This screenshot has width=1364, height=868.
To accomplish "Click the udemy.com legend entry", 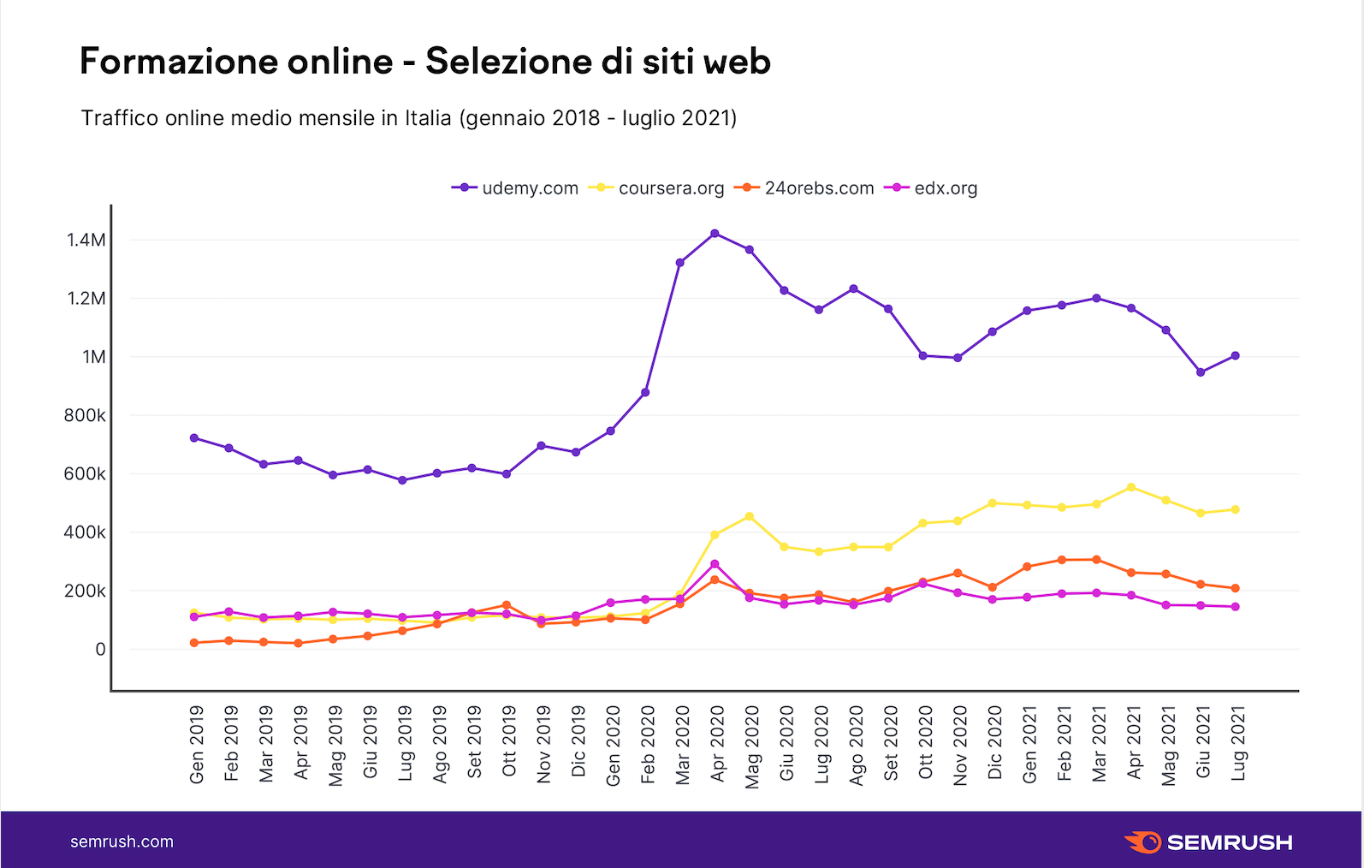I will tap(516, 188).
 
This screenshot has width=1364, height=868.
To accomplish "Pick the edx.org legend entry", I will tap(935, 188).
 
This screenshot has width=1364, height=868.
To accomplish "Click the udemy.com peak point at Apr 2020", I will tap(715, 234).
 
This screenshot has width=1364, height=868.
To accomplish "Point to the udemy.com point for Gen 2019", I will tap(194, 438).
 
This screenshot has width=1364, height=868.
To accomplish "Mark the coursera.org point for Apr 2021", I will tap(1131, 487).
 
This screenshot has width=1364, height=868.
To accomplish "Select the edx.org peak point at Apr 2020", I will tap(715, 564).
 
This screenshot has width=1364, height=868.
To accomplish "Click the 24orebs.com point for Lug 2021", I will tap(1236, 588).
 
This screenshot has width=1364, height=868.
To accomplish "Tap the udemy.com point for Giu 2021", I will tap(1201, 372).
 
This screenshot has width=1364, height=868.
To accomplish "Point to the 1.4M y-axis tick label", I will tap(86, 240).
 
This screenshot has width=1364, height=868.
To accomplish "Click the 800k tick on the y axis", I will tap(85, 415).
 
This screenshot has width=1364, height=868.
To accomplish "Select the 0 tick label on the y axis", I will tap(100, 650).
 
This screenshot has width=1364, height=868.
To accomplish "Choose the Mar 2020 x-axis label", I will tap(682, 744).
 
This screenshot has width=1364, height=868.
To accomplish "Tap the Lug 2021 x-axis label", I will tap(1238, 743).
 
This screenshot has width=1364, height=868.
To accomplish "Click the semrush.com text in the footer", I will tap(122, 841).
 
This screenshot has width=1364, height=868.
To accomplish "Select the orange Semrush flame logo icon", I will tap(1142, 841).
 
